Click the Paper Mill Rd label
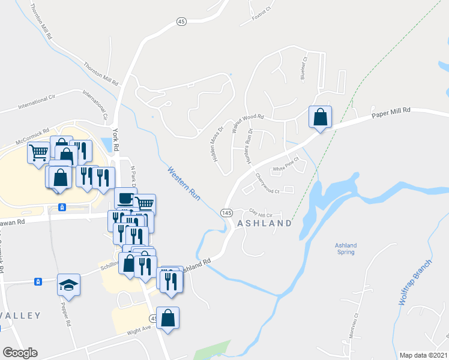pos(390,111)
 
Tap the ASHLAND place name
pos(265,223)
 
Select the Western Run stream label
pos(184,183)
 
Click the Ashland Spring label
pos(346,248)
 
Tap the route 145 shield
pos(226,213)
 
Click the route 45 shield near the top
pos(182,22)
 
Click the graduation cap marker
pos(68,284)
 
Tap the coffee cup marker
pos(125,198)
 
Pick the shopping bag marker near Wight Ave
pos(169,319)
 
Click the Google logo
pos(20,353)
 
